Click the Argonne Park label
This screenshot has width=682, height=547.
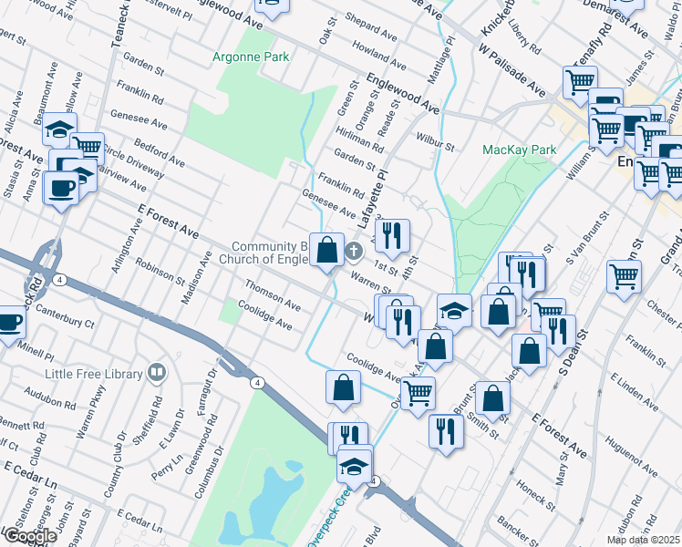click(252, 57)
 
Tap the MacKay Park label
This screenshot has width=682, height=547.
click(519, 149)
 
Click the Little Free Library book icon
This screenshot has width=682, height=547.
click(157, 373)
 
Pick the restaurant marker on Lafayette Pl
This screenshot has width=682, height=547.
click(392, 235)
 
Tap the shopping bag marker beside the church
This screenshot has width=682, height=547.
click(326, 249)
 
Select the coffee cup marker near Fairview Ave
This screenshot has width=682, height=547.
click(62, 188)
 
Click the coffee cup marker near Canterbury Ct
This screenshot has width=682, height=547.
click(8, 324)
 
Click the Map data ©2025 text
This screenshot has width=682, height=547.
click(644, 540)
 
